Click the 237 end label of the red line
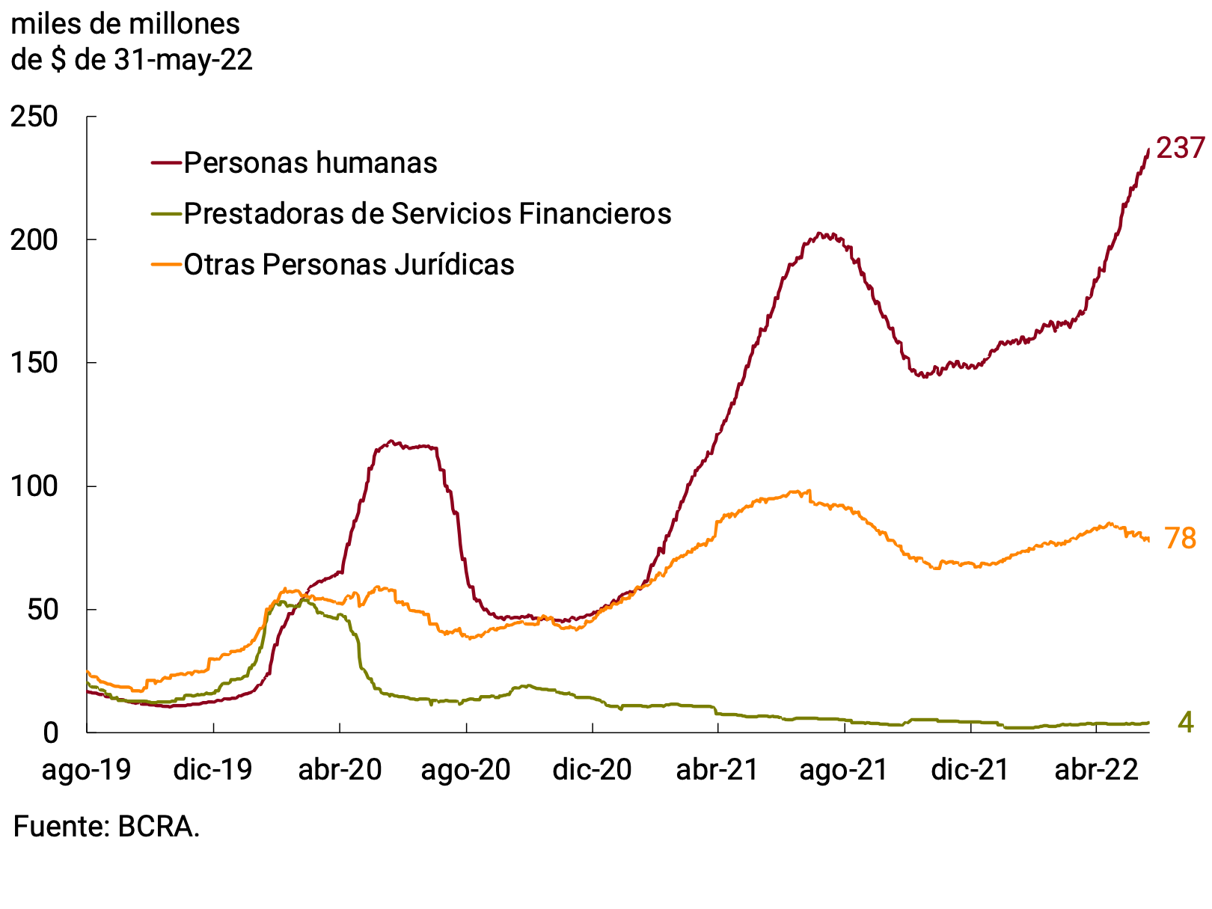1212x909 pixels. point(1180,148)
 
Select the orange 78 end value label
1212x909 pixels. point(1180,539)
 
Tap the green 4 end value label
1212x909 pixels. point(1185,722)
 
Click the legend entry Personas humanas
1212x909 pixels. point(310,163)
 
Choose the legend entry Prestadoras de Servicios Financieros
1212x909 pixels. point(427,214)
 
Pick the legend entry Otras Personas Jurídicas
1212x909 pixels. point(349,265)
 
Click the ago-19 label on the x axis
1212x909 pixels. point(87,770)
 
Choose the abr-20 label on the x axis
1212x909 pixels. point(340,770)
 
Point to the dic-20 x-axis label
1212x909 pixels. point(592,770)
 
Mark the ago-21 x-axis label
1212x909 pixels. point(844,770)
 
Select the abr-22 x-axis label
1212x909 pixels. point(1096,770)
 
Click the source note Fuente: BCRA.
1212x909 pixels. point(107,827)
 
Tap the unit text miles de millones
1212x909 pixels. point(126,25)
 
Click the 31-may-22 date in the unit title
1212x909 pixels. point(183,60)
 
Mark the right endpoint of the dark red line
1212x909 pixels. point(1148,150)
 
